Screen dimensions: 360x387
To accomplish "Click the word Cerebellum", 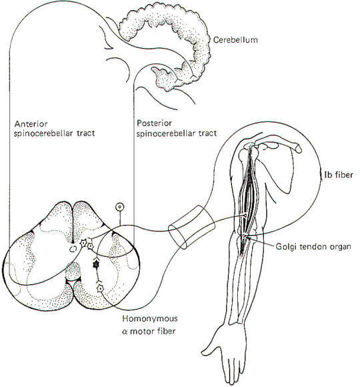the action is [x=235, y=40].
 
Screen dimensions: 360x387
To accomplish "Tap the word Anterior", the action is [x=31, y=123].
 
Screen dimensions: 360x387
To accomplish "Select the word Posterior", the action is [x=154, y=123].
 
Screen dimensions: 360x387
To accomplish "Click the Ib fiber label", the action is [x=339, y=175].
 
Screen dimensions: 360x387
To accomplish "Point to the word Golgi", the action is [x=286, y=247].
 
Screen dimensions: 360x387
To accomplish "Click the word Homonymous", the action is [x=150, y=319].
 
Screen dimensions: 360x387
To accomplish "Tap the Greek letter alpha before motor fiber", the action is [x=125, y=331].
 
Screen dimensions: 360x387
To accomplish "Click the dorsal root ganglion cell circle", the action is [x=120, y=207].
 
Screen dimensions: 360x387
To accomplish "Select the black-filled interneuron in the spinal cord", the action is [x=96, y=265].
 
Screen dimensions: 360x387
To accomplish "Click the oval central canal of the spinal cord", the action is [x=73, y=249].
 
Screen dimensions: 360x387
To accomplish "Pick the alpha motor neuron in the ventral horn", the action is [x=100, y=288].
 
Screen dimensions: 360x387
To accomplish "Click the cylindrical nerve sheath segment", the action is [x=191, y=227].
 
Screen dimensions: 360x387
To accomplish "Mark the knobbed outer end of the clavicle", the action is [x=299, y=149].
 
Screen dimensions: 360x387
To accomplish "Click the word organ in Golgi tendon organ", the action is [x=340, y=247].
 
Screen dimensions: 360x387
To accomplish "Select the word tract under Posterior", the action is [x=209, y=133].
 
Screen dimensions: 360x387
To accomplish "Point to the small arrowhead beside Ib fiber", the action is [x=321, y=175].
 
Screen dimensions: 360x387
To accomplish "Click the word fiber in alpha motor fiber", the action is [x=167, y=331].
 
